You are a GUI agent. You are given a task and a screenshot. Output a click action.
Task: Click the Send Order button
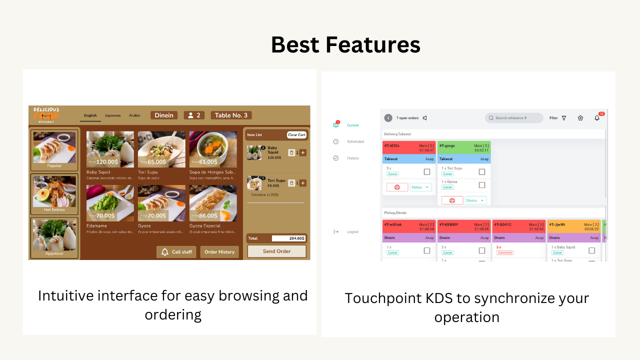click(276, 251)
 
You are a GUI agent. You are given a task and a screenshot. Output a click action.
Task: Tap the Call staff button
click(176, 252)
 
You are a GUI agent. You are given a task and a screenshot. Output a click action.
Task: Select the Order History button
click(219, 252)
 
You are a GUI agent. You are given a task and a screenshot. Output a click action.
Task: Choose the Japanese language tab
click(112, 115)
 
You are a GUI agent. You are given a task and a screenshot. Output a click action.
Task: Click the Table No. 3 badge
click(231, 115)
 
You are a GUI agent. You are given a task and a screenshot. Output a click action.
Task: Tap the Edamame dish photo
click(110, 203)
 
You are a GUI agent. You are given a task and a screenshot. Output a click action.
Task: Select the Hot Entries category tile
click(54, 194)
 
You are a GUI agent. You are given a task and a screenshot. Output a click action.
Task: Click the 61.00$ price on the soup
click(207, 161)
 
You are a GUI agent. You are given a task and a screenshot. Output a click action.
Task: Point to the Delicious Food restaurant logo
click(46, 115)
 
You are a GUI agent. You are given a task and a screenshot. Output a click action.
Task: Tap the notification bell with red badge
click(597, 117)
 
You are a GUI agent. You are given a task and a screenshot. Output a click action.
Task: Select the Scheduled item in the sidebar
click(355, 142)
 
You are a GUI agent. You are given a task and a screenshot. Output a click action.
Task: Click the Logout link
click(352, 232)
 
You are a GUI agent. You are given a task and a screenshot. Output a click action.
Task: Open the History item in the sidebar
click(352, 158)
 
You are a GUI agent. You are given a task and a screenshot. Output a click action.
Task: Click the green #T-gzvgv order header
click(463, 147)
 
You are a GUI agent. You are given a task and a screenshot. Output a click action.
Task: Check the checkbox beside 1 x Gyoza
click(482, 185)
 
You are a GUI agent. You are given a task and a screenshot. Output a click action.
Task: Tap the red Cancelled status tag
click(504, 253)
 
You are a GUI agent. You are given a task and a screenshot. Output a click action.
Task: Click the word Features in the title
click(373, 44)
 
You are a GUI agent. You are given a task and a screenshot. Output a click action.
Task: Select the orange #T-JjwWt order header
click(574, 227)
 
